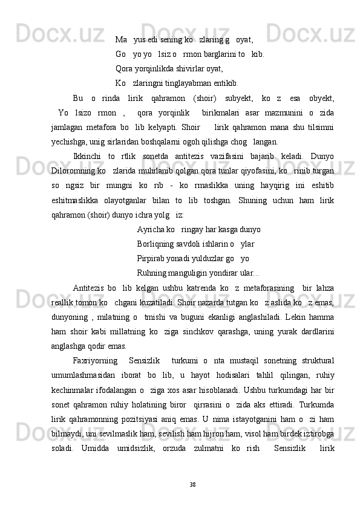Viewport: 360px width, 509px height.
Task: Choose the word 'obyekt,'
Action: (x=321, y=99)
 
